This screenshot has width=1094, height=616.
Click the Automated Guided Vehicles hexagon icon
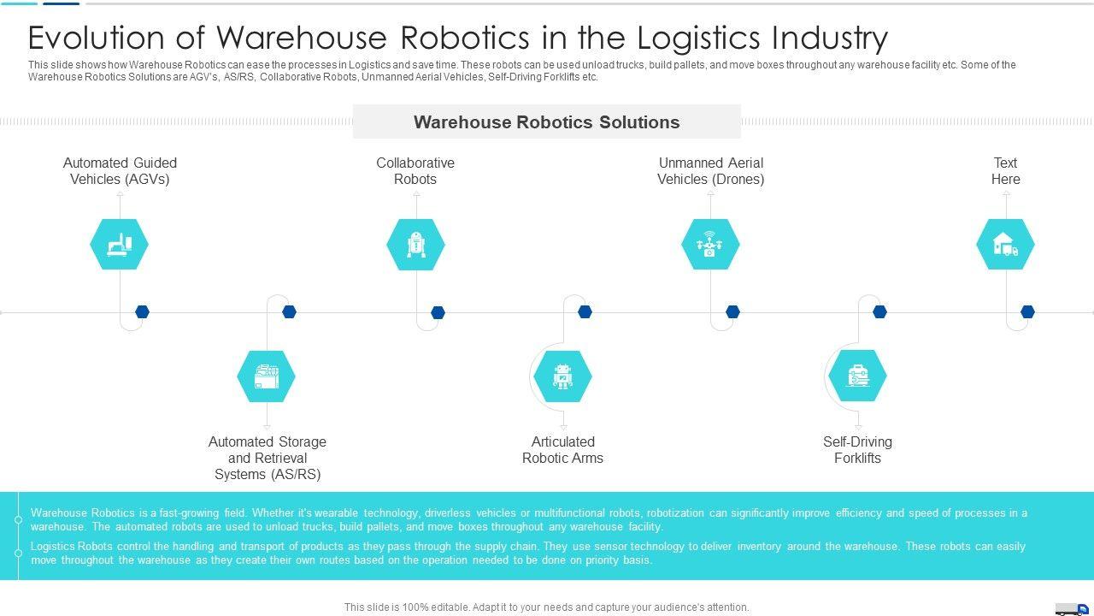(119, 245)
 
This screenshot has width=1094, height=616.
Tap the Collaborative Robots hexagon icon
(415, 245)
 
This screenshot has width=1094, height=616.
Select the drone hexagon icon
(710, 245)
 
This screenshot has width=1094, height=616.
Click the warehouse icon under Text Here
(1005, 245)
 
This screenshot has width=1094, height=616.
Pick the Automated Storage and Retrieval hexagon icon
(266, 376)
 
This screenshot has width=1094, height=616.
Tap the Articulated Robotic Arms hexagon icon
(562, 376)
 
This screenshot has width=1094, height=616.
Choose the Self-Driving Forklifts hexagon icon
(857, 376)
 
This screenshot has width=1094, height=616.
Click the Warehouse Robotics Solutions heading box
(546, 122)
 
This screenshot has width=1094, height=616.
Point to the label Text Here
(1005, 171)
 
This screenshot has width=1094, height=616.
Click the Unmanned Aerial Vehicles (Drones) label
(710, 171)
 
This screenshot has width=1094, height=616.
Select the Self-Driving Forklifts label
(857, 450)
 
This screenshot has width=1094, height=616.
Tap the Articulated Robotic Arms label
(562, 450)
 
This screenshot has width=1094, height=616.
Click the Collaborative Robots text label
(415, 171)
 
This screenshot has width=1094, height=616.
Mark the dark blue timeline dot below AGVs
(142, 312)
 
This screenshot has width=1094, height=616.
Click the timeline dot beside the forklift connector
(879, 312)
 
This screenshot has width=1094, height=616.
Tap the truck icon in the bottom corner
(1072, 609)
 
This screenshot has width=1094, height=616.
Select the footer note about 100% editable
(546, 607)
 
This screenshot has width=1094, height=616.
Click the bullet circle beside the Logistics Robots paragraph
(18, 553)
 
